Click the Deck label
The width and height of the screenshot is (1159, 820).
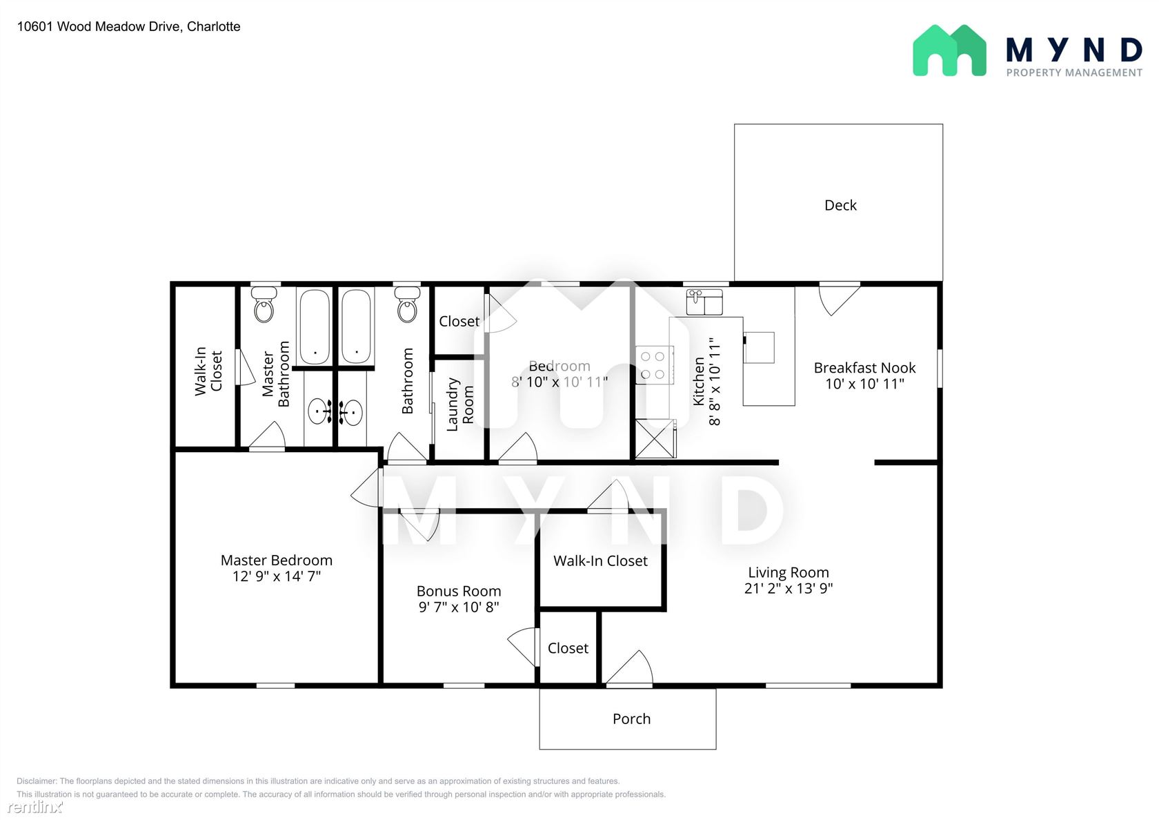(x=840, y=206)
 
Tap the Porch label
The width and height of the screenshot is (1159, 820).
(x=631, y=719)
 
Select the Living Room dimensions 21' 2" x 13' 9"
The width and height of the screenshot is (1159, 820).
(x=788, y=589)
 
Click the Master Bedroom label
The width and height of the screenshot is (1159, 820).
(x=276, y=560)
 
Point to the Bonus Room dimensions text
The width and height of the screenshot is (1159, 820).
(x=458, y=607)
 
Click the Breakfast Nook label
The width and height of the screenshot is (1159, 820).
(x=864, y=368)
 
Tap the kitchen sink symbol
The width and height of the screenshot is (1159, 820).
(x=704, y=302)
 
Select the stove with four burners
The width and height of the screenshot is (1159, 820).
(x=655, y=365)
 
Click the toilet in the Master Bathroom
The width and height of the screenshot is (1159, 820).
(x=264, y=305)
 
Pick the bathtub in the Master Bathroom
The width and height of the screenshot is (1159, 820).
(x=315, y=326)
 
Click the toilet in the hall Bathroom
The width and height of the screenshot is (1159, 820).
(x=407, y=305)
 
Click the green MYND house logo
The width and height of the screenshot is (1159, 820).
(x=949, y=50)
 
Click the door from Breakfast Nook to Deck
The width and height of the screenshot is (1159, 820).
(x=839, y=299)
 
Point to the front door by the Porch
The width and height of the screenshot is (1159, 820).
(x=629, y=668)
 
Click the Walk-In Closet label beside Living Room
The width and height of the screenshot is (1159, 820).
(x=600, y=560)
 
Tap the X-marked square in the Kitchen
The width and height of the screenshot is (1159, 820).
(x=655, y=438)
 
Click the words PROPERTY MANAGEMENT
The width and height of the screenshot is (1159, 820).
(x=1074, y=73)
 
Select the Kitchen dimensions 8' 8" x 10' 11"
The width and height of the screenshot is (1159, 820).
(x=715, y=382)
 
